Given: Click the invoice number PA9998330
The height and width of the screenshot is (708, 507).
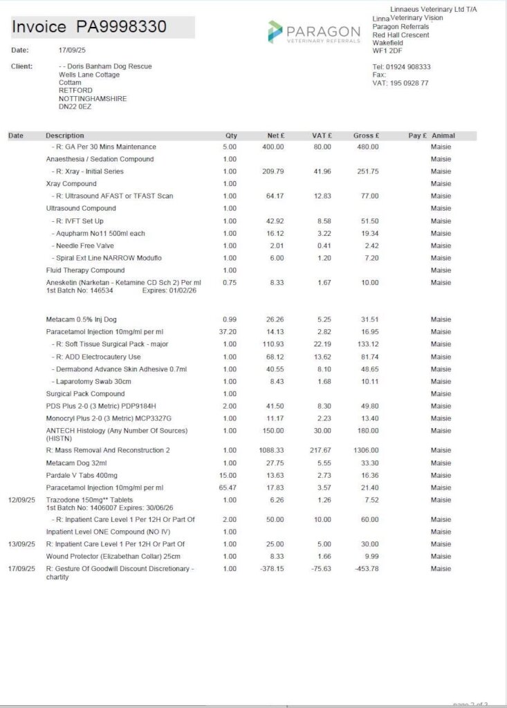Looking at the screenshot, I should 121,27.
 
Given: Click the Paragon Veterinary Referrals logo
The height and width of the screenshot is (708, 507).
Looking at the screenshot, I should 314,32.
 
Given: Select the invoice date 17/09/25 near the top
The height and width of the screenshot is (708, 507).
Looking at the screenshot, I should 72,50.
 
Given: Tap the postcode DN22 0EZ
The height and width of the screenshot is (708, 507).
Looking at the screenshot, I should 75,107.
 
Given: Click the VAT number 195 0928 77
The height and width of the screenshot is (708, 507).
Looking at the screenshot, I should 409,83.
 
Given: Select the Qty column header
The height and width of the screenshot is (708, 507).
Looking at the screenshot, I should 231,136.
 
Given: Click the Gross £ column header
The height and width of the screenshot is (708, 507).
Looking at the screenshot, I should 367,136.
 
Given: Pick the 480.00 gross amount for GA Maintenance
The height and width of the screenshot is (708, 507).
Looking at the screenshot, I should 367,147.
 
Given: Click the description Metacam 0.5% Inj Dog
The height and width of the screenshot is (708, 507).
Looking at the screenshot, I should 81,319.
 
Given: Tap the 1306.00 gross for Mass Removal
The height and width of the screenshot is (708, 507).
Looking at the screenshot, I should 366,451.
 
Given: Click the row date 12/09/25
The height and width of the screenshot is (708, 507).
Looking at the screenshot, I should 21,500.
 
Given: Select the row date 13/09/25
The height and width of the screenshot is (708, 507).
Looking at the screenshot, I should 21,544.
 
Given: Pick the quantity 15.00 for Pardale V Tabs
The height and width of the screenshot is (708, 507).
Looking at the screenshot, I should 228,476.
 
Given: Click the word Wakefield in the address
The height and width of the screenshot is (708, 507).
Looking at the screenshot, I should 388,43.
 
